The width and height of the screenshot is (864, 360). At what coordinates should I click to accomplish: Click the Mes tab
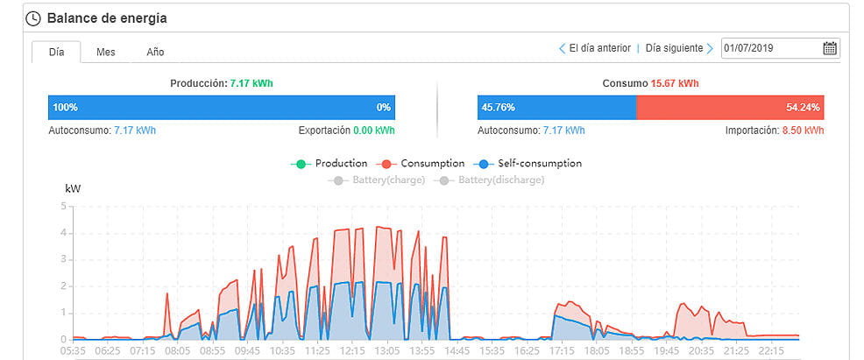[x=106, y=52]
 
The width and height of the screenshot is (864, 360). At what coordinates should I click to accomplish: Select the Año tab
[x=155, y=52]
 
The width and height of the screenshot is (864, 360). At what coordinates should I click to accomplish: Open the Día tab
[x=57, y=52]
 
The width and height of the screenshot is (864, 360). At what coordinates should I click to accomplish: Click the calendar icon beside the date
[x=829, y=48]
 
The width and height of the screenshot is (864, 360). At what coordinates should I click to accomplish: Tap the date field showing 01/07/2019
[x=771, y=48]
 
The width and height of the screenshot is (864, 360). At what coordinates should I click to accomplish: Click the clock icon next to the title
[x=33, y=18]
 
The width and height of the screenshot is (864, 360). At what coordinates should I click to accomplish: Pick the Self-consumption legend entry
[x=528, y=163]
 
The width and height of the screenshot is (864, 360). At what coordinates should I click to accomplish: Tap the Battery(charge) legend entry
[x=379, y=180]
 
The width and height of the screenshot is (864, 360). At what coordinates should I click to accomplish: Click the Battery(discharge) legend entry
[x=492, y=180]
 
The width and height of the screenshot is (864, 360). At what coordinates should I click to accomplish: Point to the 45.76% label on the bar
[x=498, y=108]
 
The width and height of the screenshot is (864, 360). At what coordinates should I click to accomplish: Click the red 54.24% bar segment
[x=730, y=108]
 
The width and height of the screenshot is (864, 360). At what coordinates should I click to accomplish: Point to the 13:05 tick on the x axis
[x=386, y=350]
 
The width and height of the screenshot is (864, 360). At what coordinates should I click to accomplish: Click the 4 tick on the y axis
[x=63, y=233]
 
